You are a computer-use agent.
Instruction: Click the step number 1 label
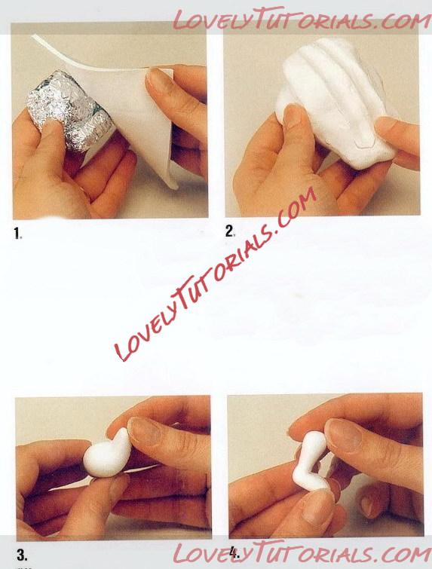point(18,234)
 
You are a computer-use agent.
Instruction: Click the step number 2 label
point(230,231)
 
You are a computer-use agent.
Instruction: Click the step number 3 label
point(22,555)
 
